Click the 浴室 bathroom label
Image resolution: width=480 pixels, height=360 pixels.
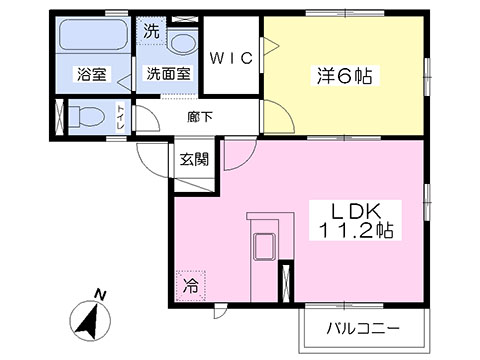point(92,74)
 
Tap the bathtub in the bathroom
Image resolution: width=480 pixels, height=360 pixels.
point(94,35)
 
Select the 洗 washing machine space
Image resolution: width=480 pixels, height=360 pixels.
point(152,31)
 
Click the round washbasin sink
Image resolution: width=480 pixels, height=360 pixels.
point(183,43)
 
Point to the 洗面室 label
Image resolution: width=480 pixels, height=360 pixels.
point(169,74)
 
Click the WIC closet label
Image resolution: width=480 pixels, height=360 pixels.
point(231,58)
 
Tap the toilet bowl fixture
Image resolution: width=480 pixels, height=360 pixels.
point(87,116)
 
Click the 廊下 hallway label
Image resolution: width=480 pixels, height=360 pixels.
point(200,117)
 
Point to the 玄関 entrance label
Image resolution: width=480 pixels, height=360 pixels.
point(195,159)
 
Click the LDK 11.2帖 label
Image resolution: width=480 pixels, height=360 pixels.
point(356,220)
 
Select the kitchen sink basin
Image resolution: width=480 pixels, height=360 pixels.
point(264,246)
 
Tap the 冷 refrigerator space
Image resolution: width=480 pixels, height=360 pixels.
point(190,286)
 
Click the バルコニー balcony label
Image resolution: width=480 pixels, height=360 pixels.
point(363,329)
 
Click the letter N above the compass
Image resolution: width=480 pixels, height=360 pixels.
point(100,295)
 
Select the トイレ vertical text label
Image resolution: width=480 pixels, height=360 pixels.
point(121,116)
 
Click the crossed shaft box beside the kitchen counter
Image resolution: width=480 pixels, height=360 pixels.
point(286,283)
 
